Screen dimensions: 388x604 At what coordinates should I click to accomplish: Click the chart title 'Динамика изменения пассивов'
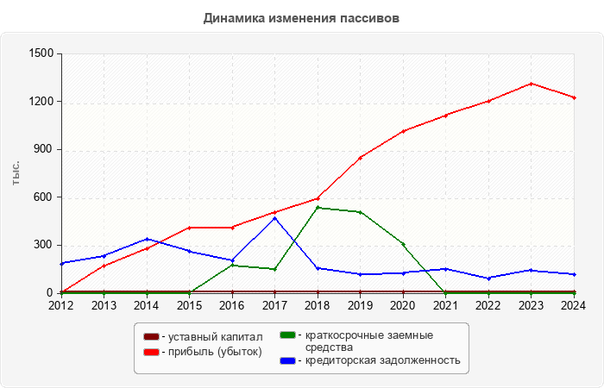pos(302,18)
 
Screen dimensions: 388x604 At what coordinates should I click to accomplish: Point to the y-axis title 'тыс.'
pos(16,172)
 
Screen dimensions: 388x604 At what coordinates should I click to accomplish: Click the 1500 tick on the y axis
pos(41,53)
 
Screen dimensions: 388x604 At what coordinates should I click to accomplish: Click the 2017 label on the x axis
pos(274,304)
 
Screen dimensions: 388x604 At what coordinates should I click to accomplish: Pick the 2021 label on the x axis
pos(445,304)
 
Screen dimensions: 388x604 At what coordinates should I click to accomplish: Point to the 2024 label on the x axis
pos(574,304)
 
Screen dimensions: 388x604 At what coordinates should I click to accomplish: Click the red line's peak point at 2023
pos(531,84)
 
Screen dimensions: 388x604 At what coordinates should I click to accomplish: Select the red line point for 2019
pos(360,157)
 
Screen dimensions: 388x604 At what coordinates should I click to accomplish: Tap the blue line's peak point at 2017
pos(274,218)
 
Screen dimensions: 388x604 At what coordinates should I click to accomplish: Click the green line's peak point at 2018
pos(318,207)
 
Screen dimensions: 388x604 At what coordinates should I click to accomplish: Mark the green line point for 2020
pos(403,244)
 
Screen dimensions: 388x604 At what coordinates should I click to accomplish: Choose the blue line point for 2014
pos(147,239)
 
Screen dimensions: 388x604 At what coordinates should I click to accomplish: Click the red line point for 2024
pos(574,97)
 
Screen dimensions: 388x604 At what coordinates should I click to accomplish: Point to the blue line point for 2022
pos(488,278)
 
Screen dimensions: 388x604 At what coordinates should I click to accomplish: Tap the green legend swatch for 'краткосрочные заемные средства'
pos(287,335)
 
